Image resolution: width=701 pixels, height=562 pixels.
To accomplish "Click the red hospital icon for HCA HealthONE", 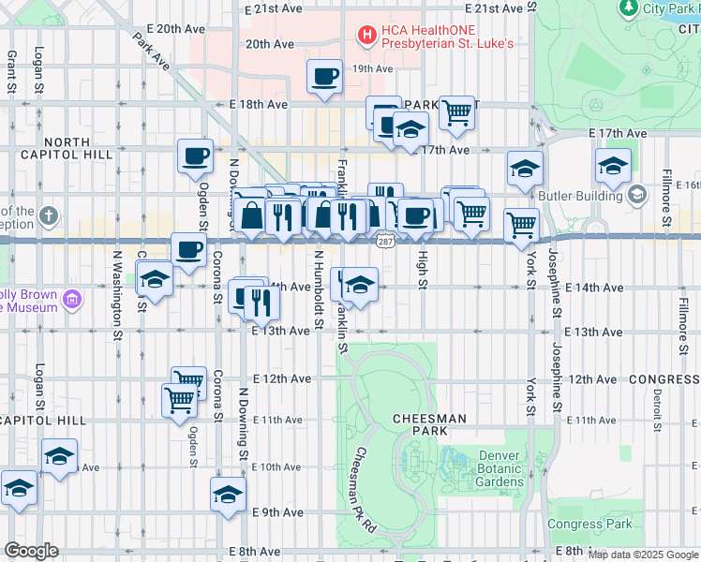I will [x=366, y=36].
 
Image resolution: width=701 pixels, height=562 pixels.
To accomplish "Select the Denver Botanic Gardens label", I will [x=500, y=468].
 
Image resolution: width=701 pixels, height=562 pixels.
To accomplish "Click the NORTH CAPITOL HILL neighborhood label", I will [x=67, y=149].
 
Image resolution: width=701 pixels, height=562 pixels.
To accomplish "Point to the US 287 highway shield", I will [x=384, y=242].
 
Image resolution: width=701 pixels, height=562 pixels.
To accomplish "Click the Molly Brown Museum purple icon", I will [x=71, y=300].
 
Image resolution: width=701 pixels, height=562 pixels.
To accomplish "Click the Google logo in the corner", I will [x=31, y=550].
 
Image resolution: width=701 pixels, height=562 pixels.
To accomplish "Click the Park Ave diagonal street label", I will [x=150, y=52].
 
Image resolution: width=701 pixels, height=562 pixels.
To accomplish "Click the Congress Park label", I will [x=589, y=524].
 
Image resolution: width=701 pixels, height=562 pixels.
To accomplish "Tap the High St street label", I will [x=423, y=270].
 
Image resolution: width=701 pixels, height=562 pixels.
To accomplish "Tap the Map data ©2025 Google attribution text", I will [x=643, y=555].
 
